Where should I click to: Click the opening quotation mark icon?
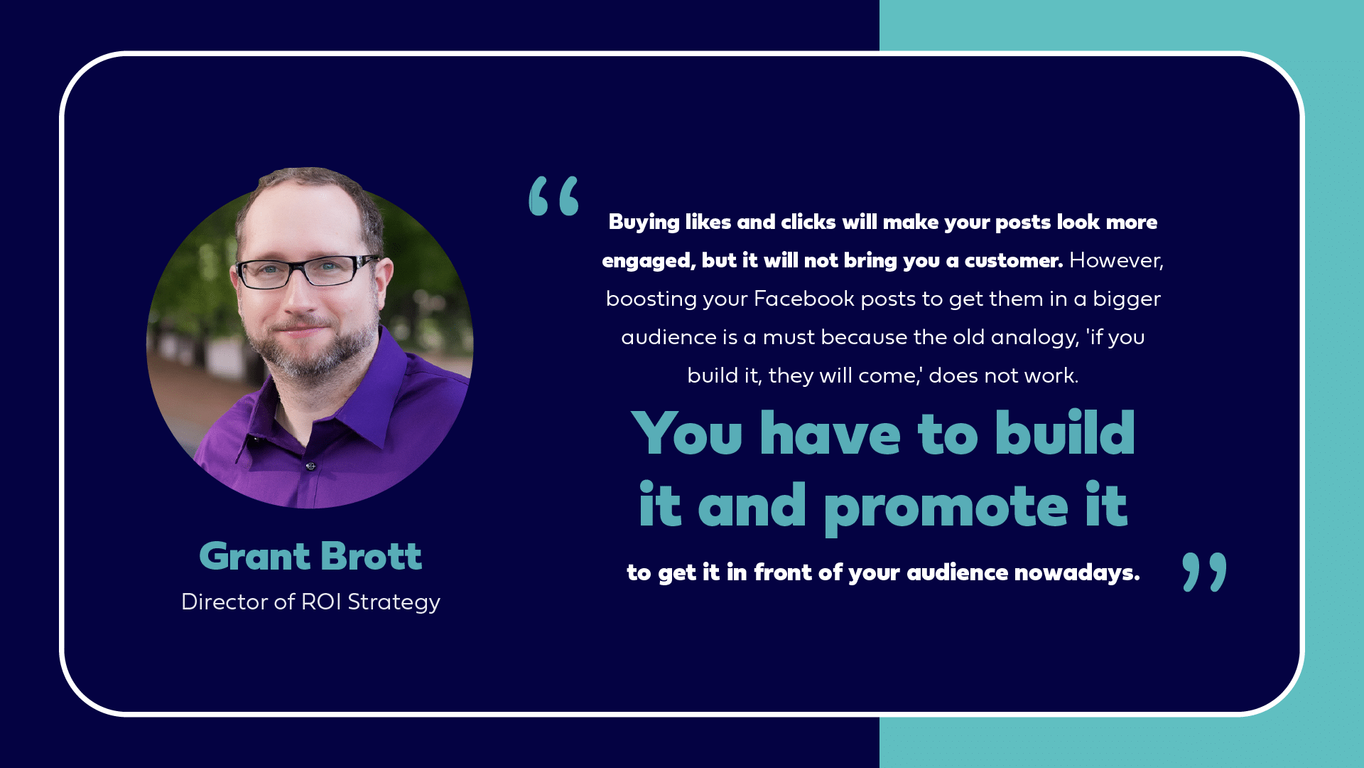554,196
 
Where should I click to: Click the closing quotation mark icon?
1204,572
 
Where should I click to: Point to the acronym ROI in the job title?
321,602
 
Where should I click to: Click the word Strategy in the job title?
394,603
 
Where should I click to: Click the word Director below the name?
224,602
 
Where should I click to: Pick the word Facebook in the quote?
803,299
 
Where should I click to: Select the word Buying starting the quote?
644,223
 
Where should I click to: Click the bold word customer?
1013,261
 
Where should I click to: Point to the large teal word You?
687,433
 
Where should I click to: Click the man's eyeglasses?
307,272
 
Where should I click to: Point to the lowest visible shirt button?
310,466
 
